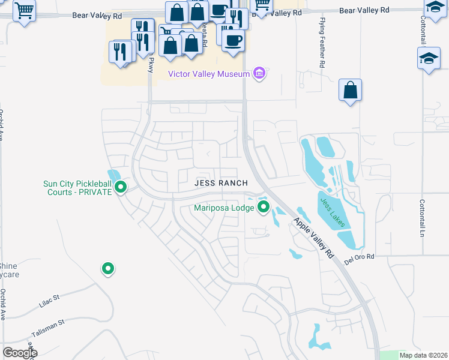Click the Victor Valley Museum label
click(208, 74)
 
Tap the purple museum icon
click(259, 73)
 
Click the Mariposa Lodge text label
click(223, 208)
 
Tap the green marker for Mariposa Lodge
click(263, 208)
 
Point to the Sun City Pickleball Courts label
click(78, 188)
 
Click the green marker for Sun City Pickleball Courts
click(121, 187)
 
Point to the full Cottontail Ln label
click(422, 218)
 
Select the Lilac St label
click(50, 301)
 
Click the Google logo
click(20, 353)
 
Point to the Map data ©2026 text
click(423, 355)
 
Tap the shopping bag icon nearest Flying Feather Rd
click(350, 91)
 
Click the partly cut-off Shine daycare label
click(8, 270)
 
